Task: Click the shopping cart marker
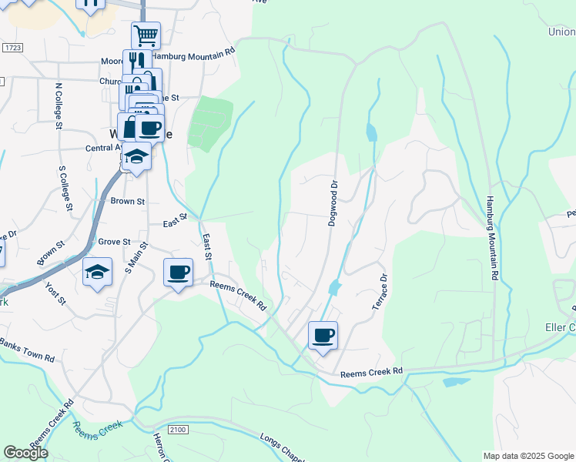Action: pos(146,35)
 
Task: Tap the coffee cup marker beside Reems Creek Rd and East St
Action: pos(178,273)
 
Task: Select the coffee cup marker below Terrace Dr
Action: pos(323,336)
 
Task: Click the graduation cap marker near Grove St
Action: pos(97,273)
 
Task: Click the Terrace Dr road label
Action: pos(379,292)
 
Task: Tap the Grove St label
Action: pos(114,242)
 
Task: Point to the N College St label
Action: pos(59,104)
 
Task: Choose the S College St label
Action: pos(65,187)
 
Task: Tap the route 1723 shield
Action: pos(12,48)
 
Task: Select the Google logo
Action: pos(25,453)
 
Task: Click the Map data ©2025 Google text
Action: pos(527,456)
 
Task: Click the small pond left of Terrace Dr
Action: pos(334,288)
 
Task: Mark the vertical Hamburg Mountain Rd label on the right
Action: pos(491,238)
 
